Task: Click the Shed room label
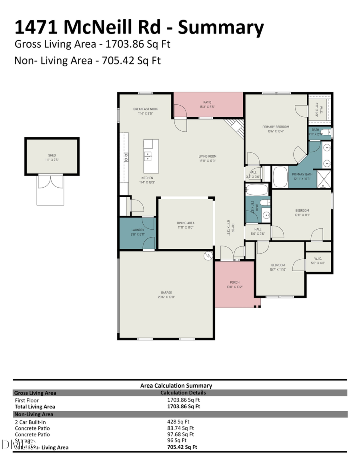[52, 155]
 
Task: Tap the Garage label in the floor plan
[166, 293]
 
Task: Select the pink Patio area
[208, 105]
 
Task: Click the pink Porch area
[234, 284]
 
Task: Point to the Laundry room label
[138, 230]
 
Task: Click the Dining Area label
[186, 223]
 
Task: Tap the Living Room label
[208, 156]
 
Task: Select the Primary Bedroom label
[276, 127]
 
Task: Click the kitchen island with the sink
[151, 150]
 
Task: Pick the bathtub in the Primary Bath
[280, 177]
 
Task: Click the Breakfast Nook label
[146, 109]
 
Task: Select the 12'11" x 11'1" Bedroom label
[302, 211]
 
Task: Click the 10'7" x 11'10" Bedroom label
[278, 265]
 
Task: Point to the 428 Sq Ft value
[178, 422]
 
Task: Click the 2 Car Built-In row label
[33, 422]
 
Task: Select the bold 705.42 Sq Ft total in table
[182, 447]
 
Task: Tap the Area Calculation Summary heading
[176, 386]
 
